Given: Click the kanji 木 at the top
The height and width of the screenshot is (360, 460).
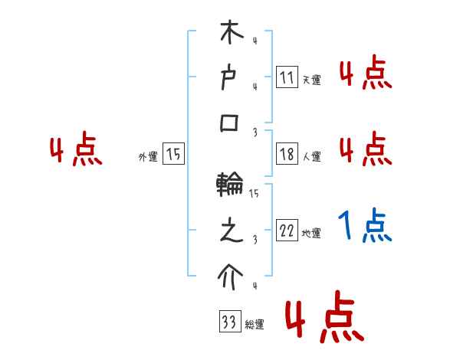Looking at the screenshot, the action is click(231, 34).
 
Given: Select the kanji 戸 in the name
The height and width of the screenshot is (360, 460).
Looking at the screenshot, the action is click(231, 77).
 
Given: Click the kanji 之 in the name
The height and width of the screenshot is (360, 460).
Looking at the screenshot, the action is click(231, 231).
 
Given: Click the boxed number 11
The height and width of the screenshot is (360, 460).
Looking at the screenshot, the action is click(287, 77).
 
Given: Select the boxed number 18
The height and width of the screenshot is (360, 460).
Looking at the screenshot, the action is click(287, 154).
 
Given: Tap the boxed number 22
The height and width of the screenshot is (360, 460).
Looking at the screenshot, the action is click(287, 231).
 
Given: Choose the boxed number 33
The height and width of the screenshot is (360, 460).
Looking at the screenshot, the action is click(228, 322).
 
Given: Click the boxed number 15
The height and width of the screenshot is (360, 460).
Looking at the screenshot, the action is click(173, 154).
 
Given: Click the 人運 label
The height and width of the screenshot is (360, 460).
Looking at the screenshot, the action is click(311, 157).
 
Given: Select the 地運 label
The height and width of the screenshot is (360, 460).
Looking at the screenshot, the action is click(311, 234).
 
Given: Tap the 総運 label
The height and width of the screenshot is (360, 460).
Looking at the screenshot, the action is click(255, 326).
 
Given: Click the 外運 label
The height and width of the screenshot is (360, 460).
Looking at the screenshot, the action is click(147, 157).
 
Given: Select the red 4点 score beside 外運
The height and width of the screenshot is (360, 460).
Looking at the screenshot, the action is click(76, 151).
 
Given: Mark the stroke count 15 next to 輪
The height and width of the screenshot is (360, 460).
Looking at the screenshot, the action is click(254, 194).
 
